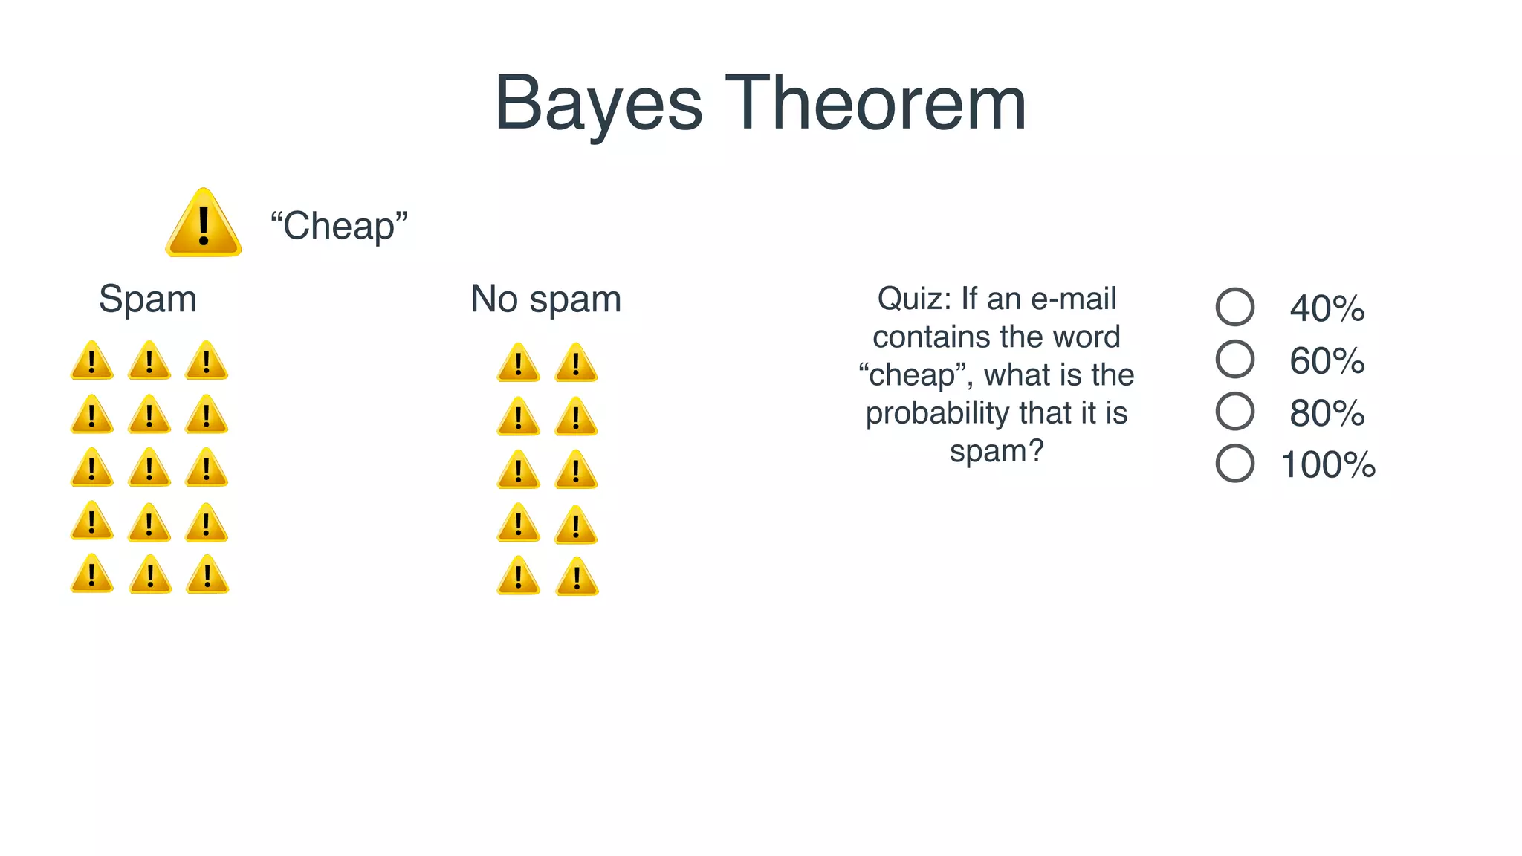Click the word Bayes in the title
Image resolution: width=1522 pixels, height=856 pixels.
point(598,104)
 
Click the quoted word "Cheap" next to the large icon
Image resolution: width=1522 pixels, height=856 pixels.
point(339,226)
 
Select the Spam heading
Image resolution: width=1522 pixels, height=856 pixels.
point(148,299)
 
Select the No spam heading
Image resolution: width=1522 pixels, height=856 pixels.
point(545,299)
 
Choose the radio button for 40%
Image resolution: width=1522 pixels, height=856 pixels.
point(1234,307)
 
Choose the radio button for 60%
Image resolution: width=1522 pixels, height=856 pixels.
point(1234,359)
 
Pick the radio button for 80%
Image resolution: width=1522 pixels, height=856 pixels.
point(1234,411)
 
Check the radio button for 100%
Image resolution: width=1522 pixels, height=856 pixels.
point(1234,463)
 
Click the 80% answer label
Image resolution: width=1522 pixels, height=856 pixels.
point(1327,413)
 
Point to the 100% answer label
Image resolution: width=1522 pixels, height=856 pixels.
point(1328,465)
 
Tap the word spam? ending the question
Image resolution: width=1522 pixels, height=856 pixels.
point(997,451)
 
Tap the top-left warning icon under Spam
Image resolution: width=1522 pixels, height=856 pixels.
point(92,362)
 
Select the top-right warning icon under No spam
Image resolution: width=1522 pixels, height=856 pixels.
point(576,364)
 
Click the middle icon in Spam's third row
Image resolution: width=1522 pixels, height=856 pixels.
point(149,469)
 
